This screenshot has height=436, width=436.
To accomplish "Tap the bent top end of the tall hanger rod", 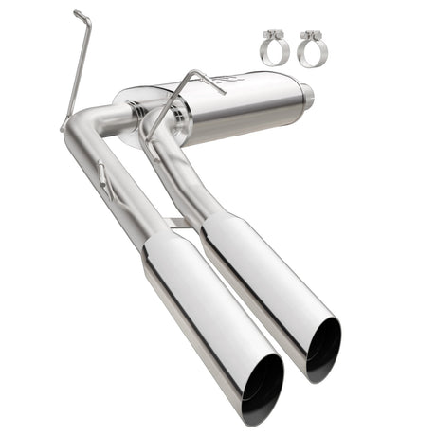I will (x=81, y=16).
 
